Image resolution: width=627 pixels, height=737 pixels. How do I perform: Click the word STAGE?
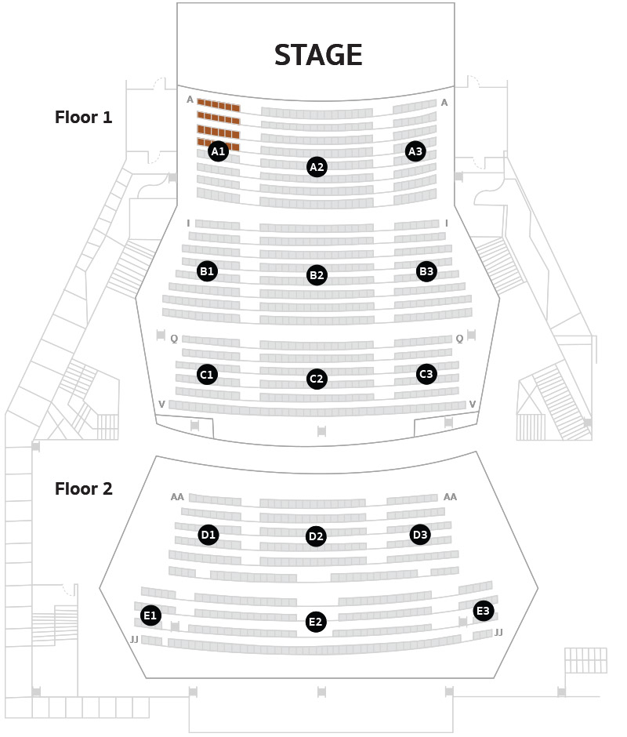[318, 55]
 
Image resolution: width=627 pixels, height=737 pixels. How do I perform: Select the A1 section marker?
[218, 151]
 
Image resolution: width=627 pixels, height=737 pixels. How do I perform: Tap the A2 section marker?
[317, 167]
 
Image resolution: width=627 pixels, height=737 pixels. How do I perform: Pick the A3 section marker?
[415, 151]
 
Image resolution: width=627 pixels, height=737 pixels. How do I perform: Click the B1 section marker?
[207, 271]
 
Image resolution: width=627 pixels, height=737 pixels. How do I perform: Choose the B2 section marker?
[317, 275]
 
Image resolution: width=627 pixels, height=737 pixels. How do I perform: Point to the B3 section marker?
[426, 271]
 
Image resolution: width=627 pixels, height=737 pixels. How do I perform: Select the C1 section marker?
[207, 375]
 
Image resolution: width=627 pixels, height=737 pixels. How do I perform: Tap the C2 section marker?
[317, 379]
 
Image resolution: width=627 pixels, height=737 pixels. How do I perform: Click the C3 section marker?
[426, 374]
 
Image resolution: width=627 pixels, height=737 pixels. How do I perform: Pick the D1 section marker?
[208, 535]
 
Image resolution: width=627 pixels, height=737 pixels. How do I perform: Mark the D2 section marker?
[316, 536]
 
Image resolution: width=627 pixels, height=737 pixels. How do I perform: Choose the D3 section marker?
[420, 535]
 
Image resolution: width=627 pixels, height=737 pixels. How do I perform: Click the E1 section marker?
[150, 615]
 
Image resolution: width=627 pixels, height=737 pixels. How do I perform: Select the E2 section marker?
[316, 622]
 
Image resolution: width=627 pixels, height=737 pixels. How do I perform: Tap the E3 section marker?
[484, 611]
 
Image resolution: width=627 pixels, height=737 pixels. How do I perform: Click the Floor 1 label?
[84, 117]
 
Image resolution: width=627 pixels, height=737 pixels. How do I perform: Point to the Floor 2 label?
[84, 488]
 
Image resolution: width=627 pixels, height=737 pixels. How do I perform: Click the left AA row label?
[177, 497]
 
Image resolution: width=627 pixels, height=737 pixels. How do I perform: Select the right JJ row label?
[498, 633]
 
